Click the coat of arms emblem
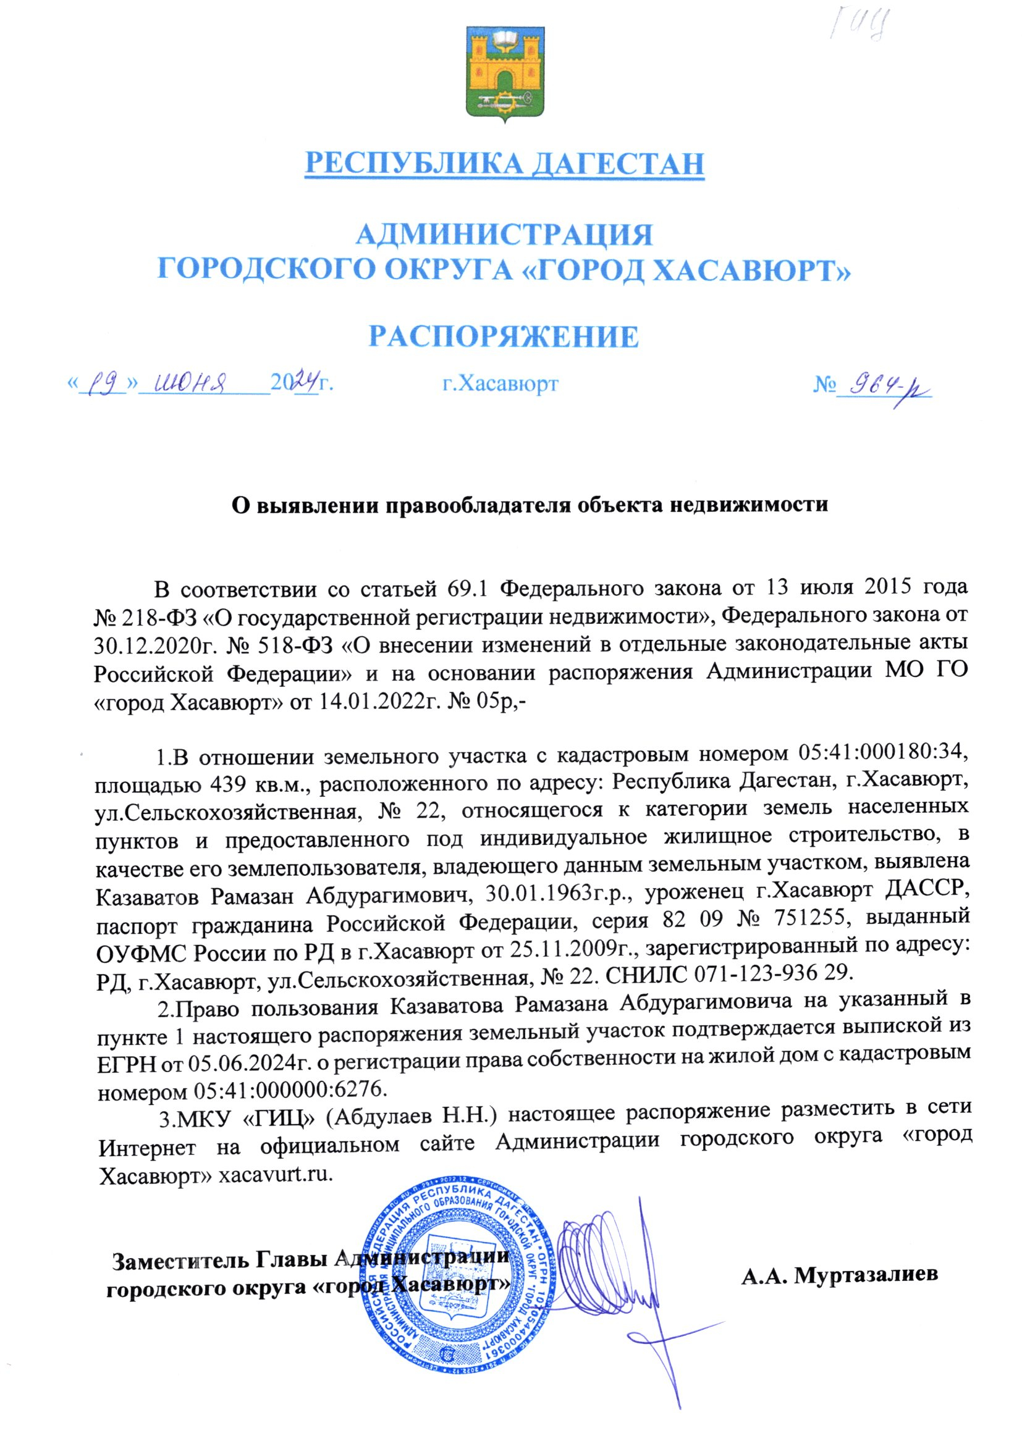tap(505, 73)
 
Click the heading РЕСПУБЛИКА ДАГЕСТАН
tap(504, 164)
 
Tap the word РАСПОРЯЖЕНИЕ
tap(504, 337)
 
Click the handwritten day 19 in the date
tap(104, 383)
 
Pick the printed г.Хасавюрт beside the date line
tap(500, 383)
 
